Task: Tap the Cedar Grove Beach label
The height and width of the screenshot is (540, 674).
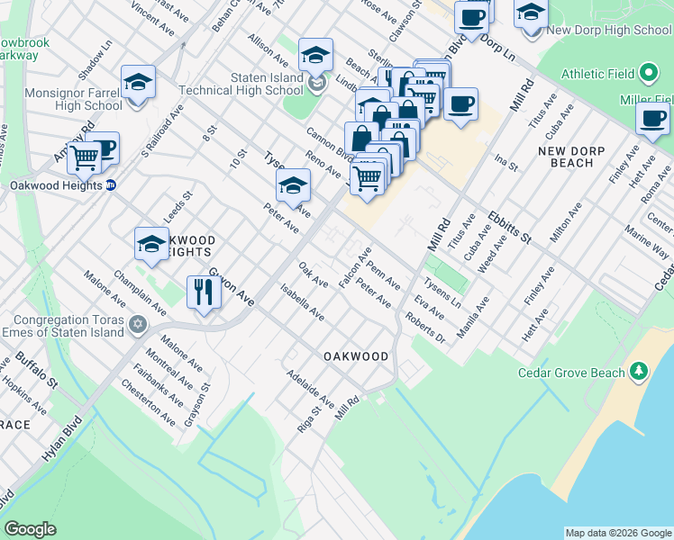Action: pos(570,372)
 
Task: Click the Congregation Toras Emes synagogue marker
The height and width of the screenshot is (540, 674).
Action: pos(137,324)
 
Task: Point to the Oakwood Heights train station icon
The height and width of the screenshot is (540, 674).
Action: pos(111,185)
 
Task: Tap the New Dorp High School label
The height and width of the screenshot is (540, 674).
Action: pos(609,31)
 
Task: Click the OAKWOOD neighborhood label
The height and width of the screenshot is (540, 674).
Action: pos(356,356)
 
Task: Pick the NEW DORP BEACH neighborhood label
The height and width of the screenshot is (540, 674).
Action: pos(571,157)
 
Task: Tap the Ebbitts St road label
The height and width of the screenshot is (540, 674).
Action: pos(509,226)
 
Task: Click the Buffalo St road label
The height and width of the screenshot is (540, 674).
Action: pos(36,372)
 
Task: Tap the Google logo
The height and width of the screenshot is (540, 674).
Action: pos(30,529)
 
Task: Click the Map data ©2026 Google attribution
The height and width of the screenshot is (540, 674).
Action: pos(618,533)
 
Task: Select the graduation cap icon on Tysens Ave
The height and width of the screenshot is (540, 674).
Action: pos(293,186)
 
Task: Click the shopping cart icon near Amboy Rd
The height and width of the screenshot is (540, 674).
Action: pos(85,157)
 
